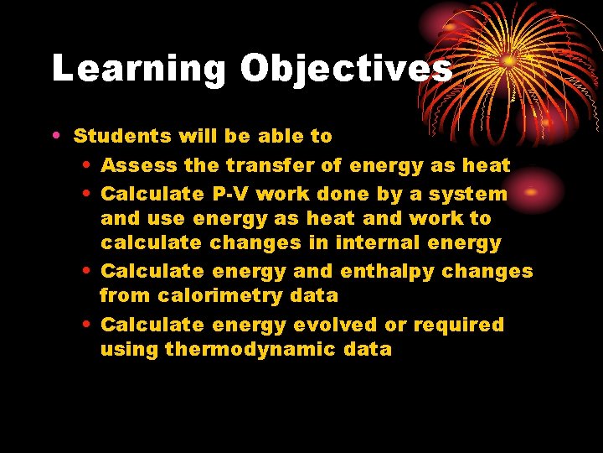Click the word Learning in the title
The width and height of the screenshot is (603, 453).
139,69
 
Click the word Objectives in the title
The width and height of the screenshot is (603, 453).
346,69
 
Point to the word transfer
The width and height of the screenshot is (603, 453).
274,165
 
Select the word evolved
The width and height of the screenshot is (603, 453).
339,325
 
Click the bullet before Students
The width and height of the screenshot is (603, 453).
55,136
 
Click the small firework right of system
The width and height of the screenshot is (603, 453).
536,190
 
